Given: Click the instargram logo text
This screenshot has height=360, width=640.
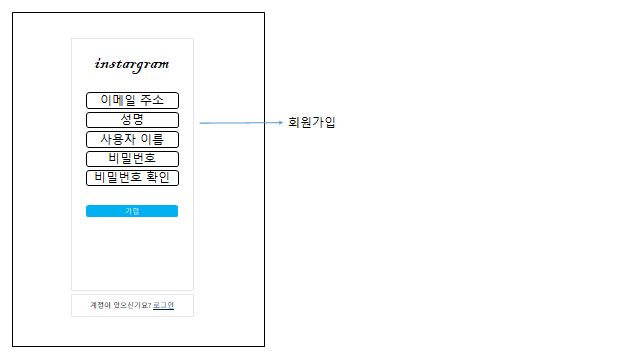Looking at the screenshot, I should point(132,65).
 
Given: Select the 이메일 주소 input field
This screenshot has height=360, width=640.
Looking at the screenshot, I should point(132,100).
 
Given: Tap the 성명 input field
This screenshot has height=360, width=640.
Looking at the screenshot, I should point(132,120).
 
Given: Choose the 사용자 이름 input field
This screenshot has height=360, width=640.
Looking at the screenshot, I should point(132,139).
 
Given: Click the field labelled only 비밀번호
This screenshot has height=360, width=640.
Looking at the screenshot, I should point(132,158).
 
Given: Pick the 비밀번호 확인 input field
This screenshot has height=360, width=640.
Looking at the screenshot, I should point(132,178).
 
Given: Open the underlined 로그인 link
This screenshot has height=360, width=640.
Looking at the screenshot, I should point(163,305).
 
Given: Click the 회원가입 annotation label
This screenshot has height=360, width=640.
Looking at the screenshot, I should point(311,123).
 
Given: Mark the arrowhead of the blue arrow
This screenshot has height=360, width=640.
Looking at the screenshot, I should point(279,123).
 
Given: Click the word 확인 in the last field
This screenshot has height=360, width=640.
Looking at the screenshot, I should point(158,178).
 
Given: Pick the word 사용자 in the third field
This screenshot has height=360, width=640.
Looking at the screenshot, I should point(118,139).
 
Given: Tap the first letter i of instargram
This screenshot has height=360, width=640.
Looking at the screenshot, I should point(97,65).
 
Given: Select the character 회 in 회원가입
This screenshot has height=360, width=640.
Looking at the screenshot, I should point(293,123).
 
